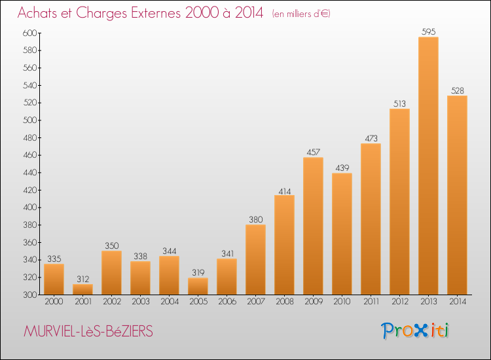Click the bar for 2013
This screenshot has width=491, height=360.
click(x=428, y=166)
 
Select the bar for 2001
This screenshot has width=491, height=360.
click(x=82, y=289)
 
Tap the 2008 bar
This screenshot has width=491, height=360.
click(x=284, y=245)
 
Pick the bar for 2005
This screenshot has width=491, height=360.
click(x=198, y=286)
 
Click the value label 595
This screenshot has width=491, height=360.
click(x=428, y=31)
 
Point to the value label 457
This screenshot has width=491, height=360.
click(x=313, y=152)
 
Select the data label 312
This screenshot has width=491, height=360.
click(x=82, y=279)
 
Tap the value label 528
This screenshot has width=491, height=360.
click(x=457, y=90)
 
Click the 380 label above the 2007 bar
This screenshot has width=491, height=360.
click(x=255, y=219)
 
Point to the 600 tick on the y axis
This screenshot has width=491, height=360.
click(x=29, y=33)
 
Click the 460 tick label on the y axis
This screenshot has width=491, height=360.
click(x=29, y=155)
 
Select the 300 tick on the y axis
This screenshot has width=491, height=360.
click(x=29, y=295)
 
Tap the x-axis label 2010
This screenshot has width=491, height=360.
click(x=342, y=302)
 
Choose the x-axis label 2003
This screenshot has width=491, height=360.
click(x=140, y=302)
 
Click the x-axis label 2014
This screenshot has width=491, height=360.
click(x=457, y=302)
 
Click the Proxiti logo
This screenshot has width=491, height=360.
click(x=415, y=331)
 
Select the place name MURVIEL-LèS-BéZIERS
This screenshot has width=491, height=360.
click(x=88, y=331)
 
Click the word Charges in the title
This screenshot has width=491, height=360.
click(x=101, y=13)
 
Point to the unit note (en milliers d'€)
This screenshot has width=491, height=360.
click(x=301, y=14)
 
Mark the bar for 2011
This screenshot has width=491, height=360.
click(x=371, y=219)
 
